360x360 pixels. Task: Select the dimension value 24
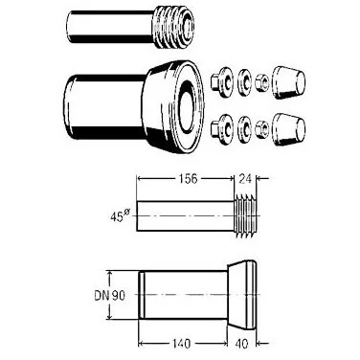tap(245, 179)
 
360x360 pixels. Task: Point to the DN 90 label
tap(109, 296)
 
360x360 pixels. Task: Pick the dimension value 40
tap(241, 344)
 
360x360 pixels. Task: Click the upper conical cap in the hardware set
tap(288, 83)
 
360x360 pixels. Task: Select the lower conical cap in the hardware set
tap(288, 129)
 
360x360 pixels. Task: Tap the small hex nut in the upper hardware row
tap(262, 84)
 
